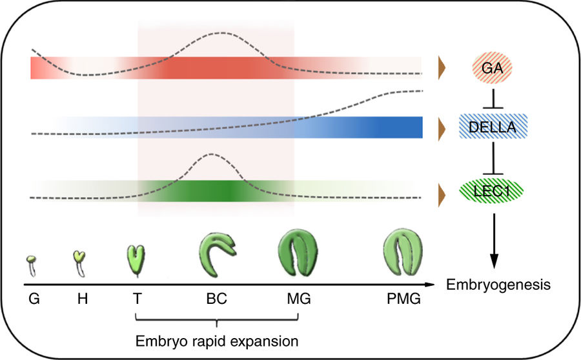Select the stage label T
point(137,299)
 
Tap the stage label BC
point(217,299)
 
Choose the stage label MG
point(299,299)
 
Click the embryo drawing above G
point(30,265)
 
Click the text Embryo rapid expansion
point(216,339)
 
